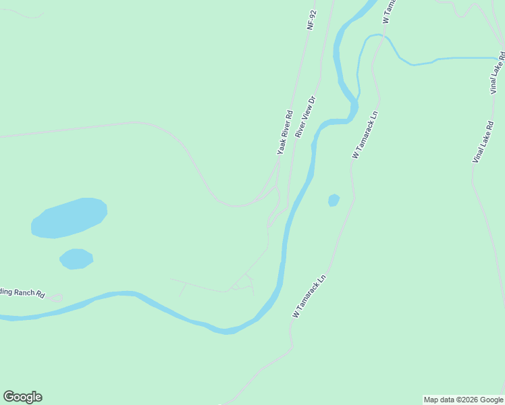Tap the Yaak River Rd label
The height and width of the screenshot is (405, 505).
click(x=285, y=132)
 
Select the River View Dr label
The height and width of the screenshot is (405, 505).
click(x=305, y=117)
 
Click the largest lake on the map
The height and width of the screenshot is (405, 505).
click(x=70, y=217)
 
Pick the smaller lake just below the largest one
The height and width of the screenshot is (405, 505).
click(x=76, y=259)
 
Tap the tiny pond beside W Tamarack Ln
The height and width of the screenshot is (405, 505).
click(x=334, y=200)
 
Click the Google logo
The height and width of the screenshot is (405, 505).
click(x=22, y=397)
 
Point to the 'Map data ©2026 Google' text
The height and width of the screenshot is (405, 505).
click(x=463, y=400)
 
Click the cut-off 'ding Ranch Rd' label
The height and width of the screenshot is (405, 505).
click(x=22, y=293)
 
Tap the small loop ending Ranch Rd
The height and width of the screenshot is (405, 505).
click(x=56, y=298)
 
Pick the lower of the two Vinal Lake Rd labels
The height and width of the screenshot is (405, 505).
click(x=483, y=142)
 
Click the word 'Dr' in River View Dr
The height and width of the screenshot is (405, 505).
click(x=312, y=101)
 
